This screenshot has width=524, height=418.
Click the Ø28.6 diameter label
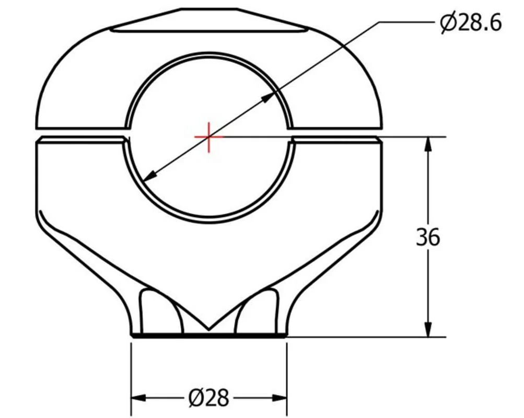point(471,24)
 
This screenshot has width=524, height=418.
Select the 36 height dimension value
point(428,238)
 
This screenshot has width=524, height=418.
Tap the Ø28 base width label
point(209,398)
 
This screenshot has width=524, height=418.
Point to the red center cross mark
point(209,137)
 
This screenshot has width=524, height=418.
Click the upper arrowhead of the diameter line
point(268,97)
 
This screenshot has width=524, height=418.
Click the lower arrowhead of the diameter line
point(150,176)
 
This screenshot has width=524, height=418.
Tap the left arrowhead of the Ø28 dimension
point(138,398)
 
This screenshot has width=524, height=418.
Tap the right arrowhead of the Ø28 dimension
point(280,398)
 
